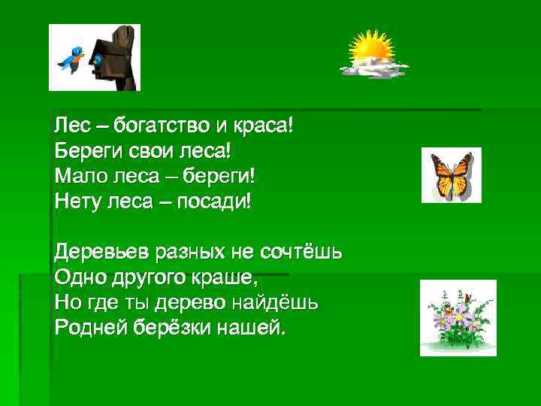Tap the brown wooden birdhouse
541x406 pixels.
(x=116, y=56)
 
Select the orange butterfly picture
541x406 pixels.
(x=451, y=175)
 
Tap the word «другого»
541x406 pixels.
(x=139, y=277)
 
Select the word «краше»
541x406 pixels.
(x=224, y=277)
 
